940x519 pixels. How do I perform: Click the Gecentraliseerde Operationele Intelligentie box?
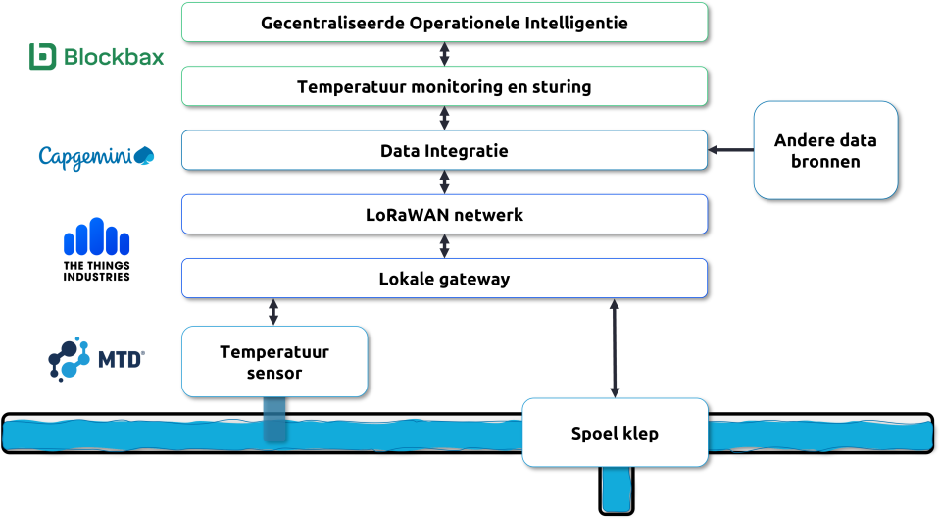click(444, 22)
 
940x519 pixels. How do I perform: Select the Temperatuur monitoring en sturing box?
click(444, 86)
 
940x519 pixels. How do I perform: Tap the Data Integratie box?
click(444, 151)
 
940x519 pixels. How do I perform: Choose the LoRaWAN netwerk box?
click(444, 215)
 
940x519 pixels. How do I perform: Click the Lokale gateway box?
click(444, 279)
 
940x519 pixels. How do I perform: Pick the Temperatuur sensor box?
click(274, 362)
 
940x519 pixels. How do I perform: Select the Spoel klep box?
click(615, 433)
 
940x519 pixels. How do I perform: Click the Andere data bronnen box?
click(825, 150)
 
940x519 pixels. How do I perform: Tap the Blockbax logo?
click(96, 58)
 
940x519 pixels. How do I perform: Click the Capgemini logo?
click(96, 156)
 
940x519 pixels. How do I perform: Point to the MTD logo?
click(96, 360)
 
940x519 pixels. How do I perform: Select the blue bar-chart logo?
click(96, 236)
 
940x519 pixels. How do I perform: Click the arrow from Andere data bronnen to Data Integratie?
click(730, 150)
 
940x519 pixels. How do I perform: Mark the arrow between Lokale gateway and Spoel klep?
click(615, 348)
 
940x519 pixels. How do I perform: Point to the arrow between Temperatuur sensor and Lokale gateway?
click(273, 312)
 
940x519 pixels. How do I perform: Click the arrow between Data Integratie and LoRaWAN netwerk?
click(445, 182)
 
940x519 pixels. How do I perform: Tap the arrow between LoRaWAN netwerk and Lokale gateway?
click(445, 246)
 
